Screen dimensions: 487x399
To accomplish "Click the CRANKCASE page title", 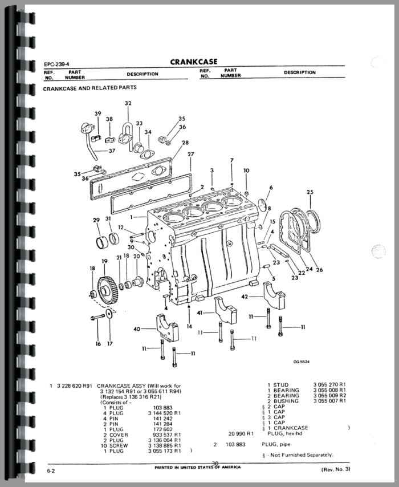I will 193,62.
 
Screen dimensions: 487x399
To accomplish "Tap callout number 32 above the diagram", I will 128,103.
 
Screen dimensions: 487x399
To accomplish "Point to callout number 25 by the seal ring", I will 310,192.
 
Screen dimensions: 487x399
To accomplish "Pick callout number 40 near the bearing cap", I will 136,328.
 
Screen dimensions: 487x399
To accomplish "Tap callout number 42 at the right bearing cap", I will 245,297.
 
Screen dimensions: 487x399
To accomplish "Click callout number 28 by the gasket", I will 185,143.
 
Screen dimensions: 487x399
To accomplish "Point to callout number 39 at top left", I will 97,113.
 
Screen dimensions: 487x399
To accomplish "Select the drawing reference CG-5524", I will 302,361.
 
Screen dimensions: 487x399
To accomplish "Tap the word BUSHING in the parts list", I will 286,401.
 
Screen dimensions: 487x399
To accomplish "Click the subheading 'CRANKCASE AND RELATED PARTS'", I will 89,88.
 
